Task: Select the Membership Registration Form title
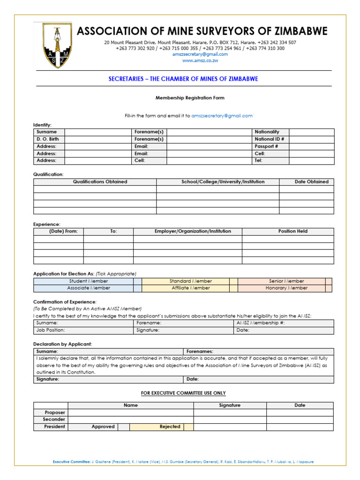(x=190, y=98)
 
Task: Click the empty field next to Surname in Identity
(x=98, y=132)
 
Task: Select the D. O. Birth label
(x=49, y=139)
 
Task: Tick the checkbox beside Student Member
(x=137, y=281)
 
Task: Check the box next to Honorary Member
(x=329, y=288)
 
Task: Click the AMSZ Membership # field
(x=284, y=323)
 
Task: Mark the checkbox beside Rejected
(x=188, y=427)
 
